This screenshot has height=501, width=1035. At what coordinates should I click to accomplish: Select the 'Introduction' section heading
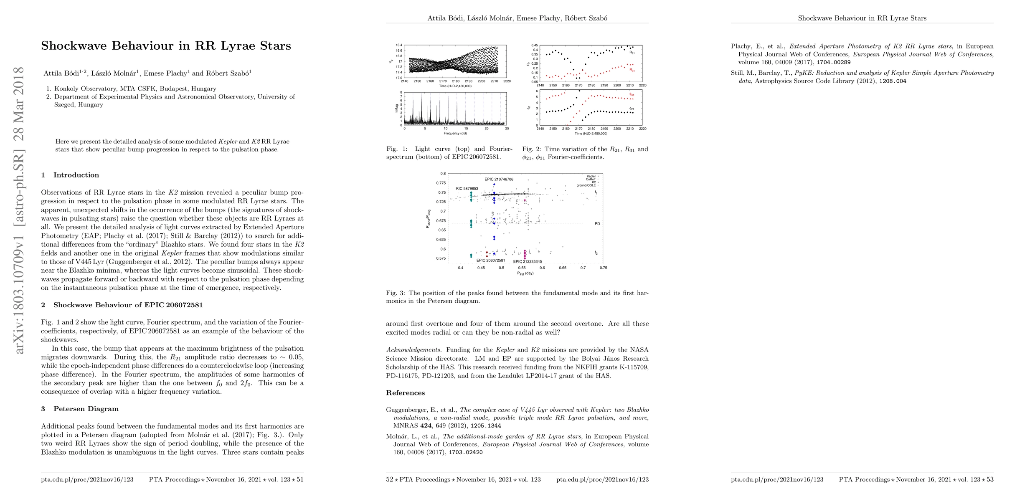[76, 175]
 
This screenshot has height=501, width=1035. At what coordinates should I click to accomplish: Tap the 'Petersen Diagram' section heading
[86, 409]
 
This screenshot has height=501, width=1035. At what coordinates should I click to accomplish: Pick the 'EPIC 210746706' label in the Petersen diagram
[499, 180]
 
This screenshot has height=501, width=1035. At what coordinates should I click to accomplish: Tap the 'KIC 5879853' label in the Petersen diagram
[467, 189]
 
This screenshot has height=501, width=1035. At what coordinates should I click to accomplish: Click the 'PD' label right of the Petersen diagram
[597, 224]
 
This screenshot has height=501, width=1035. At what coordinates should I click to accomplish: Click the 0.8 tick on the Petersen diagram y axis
[443, 174]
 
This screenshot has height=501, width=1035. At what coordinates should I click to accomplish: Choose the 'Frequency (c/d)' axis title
[455, 133]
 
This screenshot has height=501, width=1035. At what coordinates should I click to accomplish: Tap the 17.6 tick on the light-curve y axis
[399, 78]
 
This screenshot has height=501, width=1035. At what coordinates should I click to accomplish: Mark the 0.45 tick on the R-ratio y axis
[534, 45]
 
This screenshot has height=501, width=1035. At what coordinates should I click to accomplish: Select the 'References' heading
[405, 393]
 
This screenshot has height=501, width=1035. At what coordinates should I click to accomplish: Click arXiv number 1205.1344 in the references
[486, 426]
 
